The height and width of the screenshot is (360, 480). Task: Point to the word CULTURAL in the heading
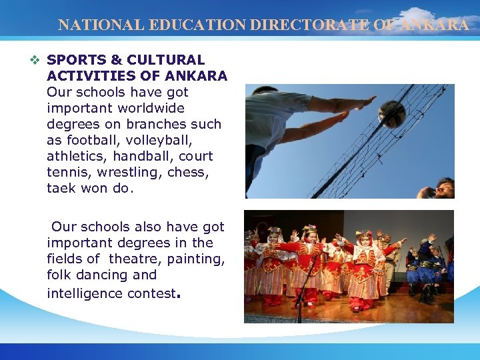[x=172, y=60]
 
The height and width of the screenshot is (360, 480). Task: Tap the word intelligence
[x=87, y=293]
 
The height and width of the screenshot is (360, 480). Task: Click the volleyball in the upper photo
[x=391, y=114]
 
